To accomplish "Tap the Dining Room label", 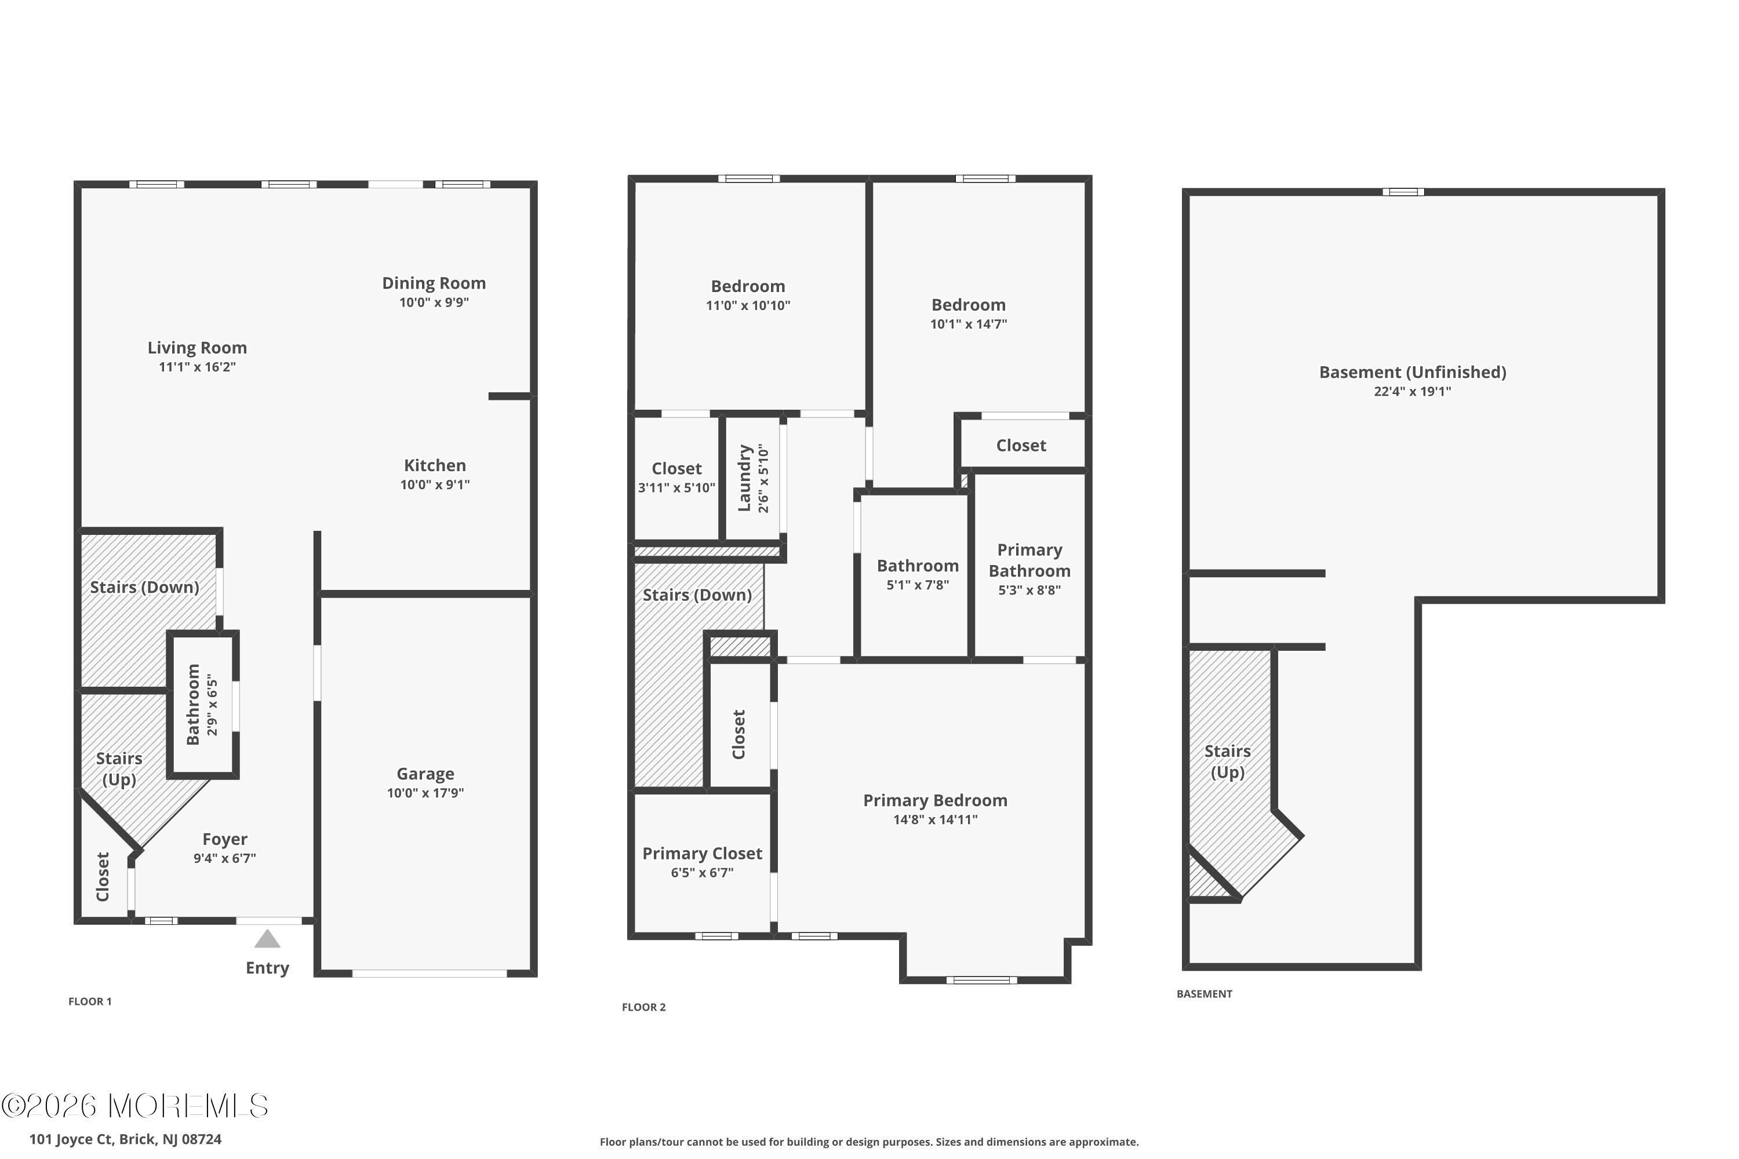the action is [434, 283].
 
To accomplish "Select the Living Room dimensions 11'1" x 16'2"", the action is [198, 367].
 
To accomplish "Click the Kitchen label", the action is [435, 465].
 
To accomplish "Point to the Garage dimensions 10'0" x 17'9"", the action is [425, 792].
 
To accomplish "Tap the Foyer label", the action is [225, 839].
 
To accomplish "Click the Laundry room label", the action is [744, 478].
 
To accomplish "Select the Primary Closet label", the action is [701, 853].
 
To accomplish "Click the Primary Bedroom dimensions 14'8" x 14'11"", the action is [936, 819].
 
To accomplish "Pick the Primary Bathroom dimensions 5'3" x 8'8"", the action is [1029, 590].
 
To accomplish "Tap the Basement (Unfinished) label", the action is [1412, 372].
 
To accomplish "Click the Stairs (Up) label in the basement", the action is [1227, 761].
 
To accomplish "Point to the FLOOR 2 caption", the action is [643, 1007].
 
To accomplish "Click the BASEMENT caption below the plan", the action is [1205, 993].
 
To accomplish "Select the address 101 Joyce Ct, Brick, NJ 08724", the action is [126, 1139].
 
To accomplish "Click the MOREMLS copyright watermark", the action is [134, 1106].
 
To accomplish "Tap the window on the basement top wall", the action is [1403, 192].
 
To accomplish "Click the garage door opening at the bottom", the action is [430, 974].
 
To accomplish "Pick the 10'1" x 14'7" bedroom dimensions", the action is [969, 324].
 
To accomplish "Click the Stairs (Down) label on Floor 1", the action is [145, 587].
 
